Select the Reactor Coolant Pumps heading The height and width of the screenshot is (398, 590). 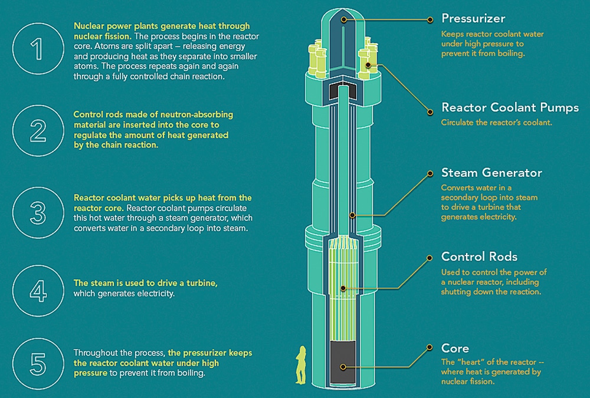(510, 108)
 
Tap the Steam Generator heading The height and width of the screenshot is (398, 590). (491, 173)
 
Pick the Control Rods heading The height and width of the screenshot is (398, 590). (479, 257)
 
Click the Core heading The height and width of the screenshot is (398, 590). (455, 348)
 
